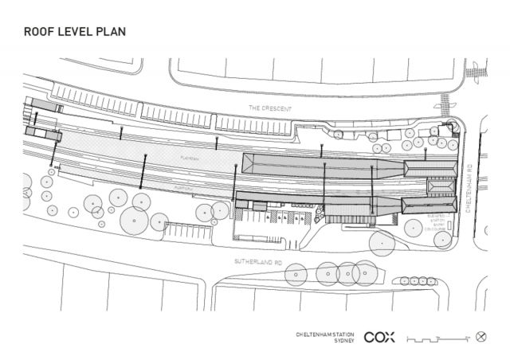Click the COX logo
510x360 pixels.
click(x=379, y=337)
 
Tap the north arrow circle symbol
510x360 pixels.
click(x=481, y=336)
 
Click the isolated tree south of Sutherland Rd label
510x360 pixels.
click(x=296, y=276)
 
